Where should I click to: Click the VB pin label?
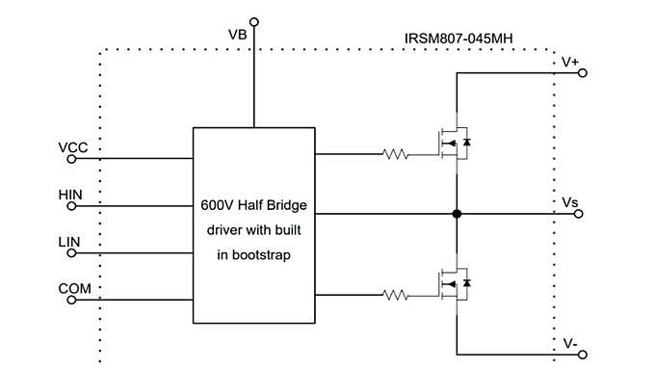click(x=237, y=35)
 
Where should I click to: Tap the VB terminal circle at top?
click(x=254, y=20)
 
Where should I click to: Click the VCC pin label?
click(x=72, y=147)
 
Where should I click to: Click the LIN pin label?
click(x=70, y=242)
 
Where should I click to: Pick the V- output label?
click(x=570, y=341)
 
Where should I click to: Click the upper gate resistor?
click(x=397, y=153)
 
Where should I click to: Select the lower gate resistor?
click(x=397, y=294)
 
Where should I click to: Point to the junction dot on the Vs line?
click(x=458, y=215)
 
